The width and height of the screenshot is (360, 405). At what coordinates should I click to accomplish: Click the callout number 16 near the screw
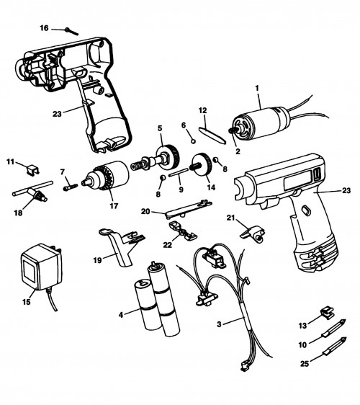click(44, 28)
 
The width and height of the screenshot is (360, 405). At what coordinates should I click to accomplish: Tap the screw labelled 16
click(71, 31)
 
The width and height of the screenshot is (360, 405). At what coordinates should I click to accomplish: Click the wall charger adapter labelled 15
click(41, 267)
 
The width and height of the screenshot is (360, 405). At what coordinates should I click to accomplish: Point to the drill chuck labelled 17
click(106, 176)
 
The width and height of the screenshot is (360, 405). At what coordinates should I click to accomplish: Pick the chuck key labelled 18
click(33, 192)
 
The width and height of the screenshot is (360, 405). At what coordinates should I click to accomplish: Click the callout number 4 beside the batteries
click(121, 315)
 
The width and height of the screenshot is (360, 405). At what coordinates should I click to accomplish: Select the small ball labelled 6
click(193, 141)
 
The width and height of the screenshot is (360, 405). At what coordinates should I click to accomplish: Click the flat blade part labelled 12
click(212, 135)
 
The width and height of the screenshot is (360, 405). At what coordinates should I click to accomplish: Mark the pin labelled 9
click(179, 172)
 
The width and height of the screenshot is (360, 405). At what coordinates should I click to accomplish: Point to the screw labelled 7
click(70, 187)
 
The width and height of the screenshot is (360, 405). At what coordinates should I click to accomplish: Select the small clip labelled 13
click(327, 312)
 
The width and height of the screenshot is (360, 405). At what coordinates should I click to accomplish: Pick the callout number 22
click(167, 245)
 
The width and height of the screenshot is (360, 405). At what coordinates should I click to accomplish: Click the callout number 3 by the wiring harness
click(219, 324)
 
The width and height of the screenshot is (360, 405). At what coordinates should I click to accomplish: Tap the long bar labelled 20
click(189, 209)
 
